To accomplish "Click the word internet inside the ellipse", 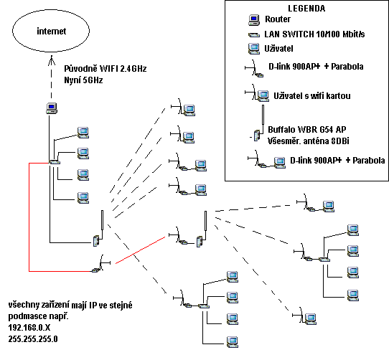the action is (52, 32).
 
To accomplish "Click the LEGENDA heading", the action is (306, 9).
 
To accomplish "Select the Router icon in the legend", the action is (254, 20).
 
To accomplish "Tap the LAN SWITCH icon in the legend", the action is (254, 35).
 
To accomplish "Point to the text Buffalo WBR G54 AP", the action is (307, 129).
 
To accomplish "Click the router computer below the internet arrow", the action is (52, 108).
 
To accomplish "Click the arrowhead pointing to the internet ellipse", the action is (52, 60).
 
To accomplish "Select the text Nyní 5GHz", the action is (83, 80).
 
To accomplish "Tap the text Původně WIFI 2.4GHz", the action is (106, 69).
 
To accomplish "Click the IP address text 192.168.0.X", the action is (29, 328).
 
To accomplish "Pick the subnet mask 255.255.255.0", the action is (33, 339).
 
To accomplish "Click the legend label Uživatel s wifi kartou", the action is (312, 96).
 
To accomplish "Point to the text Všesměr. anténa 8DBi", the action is (309, 141).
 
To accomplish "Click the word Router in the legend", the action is (278, 19).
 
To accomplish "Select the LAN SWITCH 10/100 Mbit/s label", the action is (314, 34).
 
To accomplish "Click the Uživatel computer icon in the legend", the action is (254, 49).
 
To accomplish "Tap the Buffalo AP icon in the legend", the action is (257, 136).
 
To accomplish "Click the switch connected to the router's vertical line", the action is (55, 162).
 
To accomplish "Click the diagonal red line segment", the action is (141, 250).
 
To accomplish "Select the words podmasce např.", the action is (39, 316).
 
